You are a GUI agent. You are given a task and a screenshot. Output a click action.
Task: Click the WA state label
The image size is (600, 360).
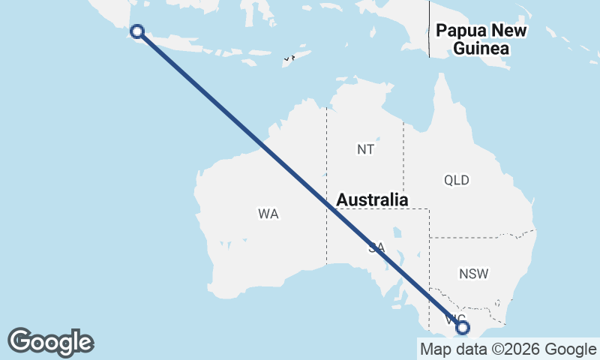[x=268, y=214]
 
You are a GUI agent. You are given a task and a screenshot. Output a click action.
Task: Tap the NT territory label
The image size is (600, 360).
[x=365, y=149]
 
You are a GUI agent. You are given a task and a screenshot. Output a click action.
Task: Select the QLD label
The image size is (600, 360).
[x=456, y=180]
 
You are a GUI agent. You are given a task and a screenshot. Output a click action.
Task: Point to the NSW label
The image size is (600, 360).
[x=473, y=274]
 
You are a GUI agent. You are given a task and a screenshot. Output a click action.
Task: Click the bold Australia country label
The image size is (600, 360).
[x=372, y=200]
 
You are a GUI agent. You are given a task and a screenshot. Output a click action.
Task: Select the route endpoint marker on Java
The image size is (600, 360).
[x=137, y=31]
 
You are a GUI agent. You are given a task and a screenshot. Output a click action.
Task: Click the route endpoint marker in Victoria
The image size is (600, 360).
[x=463, y=328]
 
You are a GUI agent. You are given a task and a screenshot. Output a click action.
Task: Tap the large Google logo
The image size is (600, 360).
[x=50, y=342]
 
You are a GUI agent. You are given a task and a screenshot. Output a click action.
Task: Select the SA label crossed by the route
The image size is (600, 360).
[x=376, y=247]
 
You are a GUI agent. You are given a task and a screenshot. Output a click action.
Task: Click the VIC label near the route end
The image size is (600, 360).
[x=452, y=320]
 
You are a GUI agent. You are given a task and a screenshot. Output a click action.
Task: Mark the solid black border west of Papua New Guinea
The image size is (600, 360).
[x=429, y=30]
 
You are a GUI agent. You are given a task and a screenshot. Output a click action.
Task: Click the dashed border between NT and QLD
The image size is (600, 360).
[x=403, y=157]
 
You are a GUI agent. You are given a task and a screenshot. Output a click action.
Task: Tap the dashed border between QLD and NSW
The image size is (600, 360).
[x=480, y=238]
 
